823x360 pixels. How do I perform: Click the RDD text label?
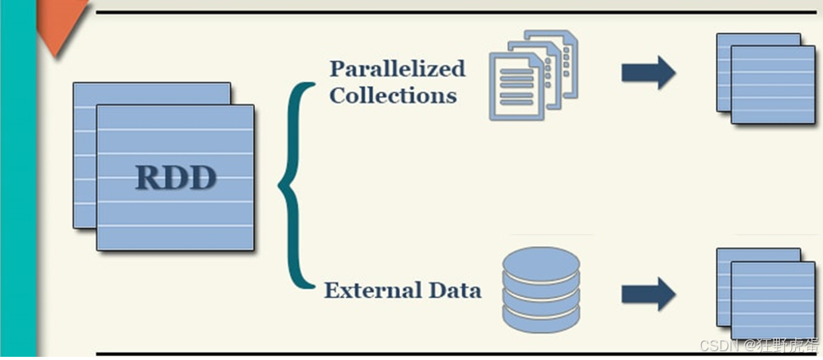175,177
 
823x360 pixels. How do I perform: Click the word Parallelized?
397,68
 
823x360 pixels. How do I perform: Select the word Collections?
393,96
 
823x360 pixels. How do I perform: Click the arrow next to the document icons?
648,72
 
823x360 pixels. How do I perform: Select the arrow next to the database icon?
648,294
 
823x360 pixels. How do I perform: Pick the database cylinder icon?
541,288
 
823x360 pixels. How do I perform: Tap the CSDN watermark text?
757,346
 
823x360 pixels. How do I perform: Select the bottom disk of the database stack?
541,318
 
